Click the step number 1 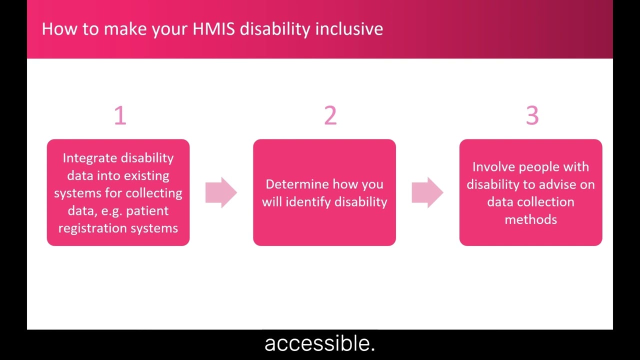click(120, 115)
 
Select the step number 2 click(330, 115)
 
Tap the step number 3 click(532, 115)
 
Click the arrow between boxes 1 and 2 click(221, 192)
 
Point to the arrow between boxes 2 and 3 click(427, 192)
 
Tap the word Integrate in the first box click(87, 158)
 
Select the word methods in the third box click(530, 219)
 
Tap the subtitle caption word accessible click(319, 343)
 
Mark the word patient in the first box click(147, 211)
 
